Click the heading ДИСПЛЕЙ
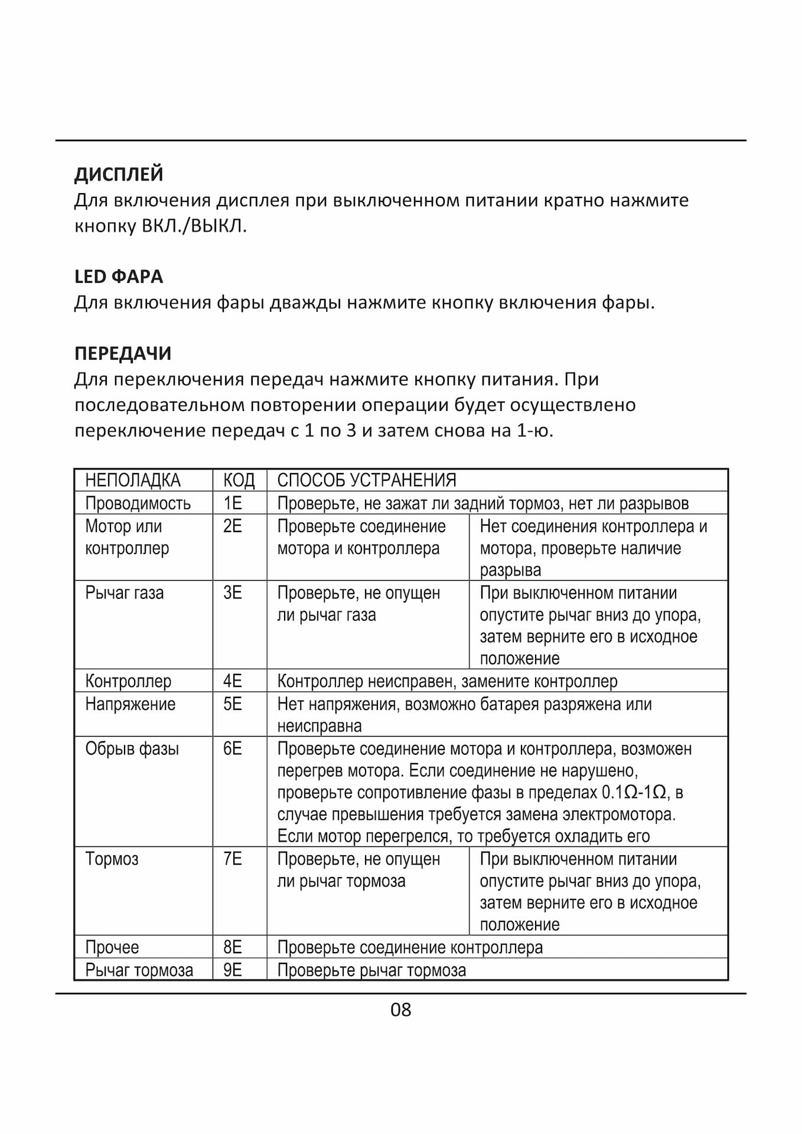pos(119,174)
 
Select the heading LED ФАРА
pos(119,276)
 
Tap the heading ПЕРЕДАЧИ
pos(123,353)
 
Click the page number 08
pos(400,1009)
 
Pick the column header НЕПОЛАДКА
pos(133,480)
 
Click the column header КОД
pos(239,480)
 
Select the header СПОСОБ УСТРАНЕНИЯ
pos(367,480)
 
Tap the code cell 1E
pos(233,503)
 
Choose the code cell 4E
pos(233,681)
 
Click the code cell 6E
pos(233,749)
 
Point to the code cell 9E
pos(233,970)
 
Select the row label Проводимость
pos(138,503)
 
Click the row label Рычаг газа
pos(124,592)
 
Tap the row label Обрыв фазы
pos(132,749)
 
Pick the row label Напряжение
pos(130,704)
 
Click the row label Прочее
pos(112,947)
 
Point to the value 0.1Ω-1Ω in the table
pos(634,793)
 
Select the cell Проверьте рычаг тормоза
pos(371,970)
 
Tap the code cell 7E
pos(233,859)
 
